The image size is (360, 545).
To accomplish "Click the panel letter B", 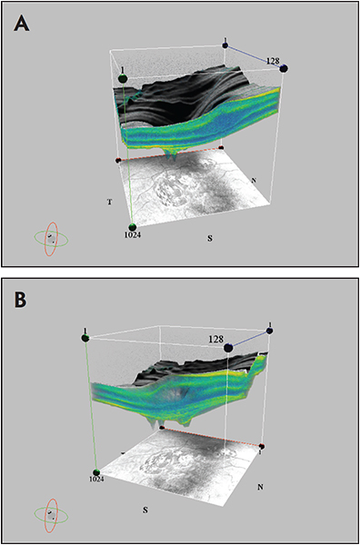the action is coord(20,300).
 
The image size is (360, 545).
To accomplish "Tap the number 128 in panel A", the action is coord(273,61).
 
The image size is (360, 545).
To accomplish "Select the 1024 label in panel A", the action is coord(132,235).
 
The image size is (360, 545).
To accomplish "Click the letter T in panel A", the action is coord(110,202).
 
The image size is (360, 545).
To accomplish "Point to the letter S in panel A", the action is coord(209,239).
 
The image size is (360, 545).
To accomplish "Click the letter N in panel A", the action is coord(254,180).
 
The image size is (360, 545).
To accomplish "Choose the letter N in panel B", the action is coord(259,487).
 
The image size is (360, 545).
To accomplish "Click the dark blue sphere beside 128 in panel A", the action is coord(284,68).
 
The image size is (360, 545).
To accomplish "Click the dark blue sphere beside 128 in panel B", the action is coord(229,347).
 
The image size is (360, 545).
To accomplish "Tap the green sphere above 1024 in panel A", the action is coord(132,228).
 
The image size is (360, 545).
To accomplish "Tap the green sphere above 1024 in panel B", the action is coord(97,472).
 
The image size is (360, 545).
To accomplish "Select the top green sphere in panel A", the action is coord(123,78).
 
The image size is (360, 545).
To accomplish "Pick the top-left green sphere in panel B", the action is coord(85,338).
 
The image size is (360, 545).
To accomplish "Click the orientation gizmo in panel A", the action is coord(51,239).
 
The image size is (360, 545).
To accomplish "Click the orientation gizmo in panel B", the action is coord(51,516).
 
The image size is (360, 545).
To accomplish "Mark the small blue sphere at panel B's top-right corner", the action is coord(270,331).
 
